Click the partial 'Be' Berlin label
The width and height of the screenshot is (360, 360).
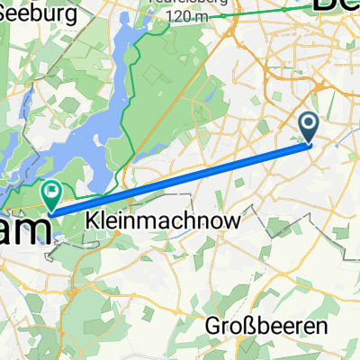(x=337, y=4)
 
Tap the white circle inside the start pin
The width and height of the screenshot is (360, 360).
(x=309, y=123)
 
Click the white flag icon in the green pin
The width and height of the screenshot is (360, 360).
(x=51, y=190)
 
